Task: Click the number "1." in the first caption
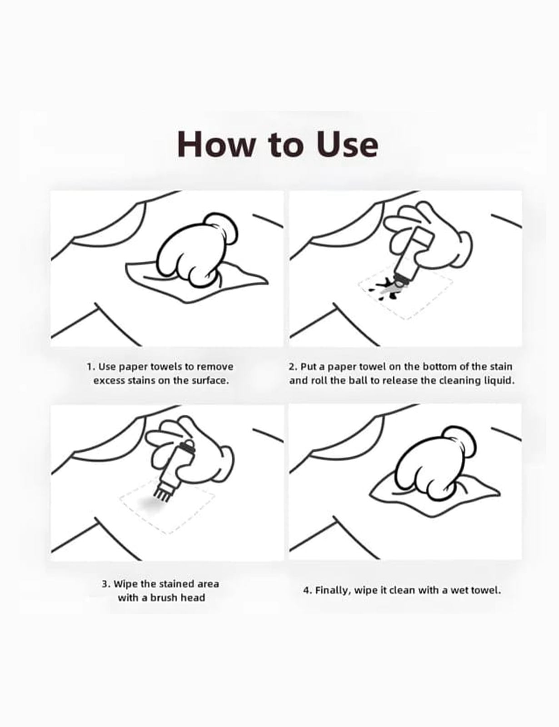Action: pos(91,367)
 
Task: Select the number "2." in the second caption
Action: pos(293,367)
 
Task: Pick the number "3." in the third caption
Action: pos(106,584)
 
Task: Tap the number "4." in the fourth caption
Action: pos(308,590)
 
